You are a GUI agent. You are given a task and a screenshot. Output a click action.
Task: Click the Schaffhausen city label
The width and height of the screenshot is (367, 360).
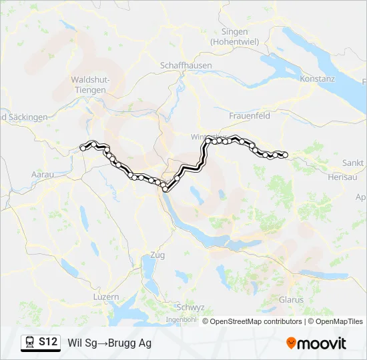186,65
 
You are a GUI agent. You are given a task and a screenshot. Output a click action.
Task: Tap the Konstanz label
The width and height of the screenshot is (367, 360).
317,79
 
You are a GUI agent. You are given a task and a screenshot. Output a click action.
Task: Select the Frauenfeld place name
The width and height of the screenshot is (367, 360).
249,115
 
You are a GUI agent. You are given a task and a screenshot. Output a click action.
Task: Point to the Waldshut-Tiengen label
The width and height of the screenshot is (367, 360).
89,84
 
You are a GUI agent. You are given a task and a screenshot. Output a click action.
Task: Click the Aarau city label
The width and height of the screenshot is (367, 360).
42,173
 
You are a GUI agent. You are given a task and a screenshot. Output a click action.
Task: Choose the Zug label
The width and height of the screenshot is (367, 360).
157,255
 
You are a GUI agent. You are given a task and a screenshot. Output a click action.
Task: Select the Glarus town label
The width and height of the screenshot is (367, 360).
291,299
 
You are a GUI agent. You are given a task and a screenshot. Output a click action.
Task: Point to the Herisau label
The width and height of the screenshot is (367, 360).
344,177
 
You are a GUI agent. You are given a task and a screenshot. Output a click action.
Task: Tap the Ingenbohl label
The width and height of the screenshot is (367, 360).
181,320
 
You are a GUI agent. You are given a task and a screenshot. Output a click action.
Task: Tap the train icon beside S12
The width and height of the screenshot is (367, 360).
30,343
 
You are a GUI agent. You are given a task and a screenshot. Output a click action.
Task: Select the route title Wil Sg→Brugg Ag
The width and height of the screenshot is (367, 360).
109,343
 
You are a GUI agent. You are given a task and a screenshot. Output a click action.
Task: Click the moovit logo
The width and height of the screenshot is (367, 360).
316,343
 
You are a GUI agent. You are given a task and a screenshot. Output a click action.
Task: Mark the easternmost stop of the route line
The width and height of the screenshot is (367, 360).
285,155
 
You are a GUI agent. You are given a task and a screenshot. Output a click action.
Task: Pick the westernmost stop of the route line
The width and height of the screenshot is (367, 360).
83,147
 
